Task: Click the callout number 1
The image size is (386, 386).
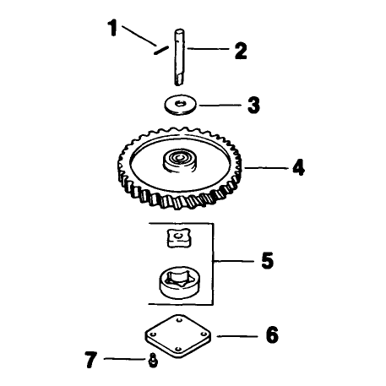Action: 112,28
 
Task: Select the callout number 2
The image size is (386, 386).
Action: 241,51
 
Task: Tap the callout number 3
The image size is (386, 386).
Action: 253,105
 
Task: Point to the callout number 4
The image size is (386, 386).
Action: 298,167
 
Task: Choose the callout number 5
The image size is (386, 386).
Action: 267,261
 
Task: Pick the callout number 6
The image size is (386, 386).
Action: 272,334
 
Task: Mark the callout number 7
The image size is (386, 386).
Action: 91,360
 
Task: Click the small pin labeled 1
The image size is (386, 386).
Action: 161,50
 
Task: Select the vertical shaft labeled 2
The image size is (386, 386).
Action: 179,57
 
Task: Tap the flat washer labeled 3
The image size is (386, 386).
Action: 181,105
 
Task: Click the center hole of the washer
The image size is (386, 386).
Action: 179,103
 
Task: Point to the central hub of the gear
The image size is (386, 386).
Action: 179,160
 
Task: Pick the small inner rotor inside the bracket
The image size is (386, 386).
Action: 178,238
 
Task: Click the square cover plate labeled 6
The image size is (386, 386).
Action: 178,336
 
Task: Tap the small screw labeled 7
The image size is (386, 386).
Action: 153,361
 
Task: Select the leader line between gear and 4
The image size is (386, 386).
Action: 266,168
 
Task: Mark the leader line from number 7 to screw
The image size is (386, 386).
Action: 125,359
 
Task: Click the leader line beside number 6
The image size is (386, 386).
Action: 237,336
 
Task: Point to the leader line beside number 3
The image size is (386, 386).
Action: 220,106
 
